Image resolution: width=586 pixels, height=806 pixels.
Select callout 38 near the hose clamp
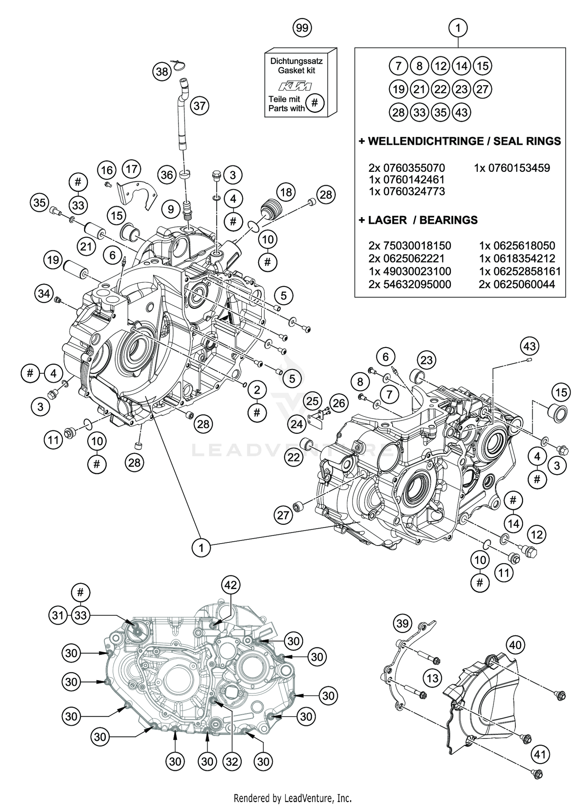tap(162, 71)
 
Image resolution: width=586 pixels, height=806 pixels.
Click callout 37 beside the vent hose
tap(200, 106)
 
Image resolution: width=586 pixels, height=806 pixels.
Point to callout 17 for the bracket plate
tap(132, 169)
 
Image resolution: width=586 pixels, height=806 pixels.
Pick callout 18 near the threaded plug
tap(286, 192)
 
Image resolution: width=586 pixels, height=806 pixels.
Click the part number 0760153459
tap(512, 168)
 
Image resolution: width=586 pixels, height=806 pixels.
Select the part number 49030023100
tap(409, 271)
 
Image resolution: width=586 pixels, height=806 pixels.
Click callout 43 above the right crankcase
tap(529, 346)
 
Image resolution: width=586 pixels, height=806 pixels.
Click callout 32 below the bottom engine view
tap(232, 761)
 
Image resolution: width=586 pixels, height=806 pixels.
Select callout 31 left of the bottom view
tap(58, 615)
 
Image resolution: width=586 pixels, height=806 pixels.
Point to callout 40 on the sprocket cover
tap(515, 645)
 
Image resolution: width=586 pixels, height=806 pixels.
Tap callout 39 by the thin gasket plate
tap(402, 623)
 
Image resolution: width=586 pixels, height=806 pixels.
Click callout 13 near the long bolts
tap(432, 678)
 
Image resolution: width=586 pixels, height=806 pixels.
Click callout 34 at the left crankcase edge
tap(44, 293)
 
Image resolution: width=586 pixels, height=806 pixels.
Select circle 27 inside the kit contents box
tap(482, 89)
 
